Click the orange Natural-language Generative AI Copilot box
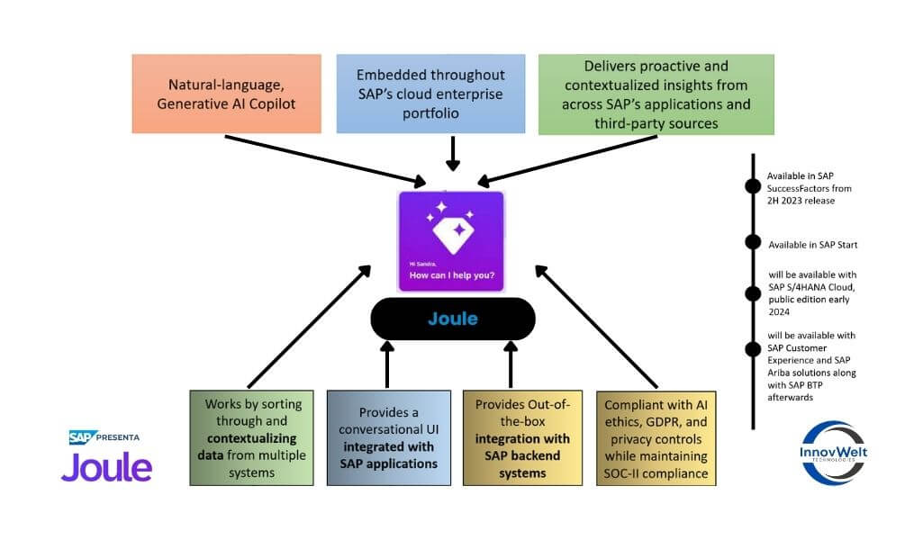coord(226,94)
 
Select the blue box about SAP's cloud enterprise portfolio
coord(430,94)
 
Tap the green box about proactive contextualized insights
coord(656,94)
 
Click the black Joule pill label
coord(453,319)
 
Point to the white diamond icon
coord(451,230)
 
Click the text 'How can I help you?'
coord(451,274)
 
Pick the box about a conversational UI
coord(388,437)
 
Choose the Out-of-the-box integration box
coord(522,437)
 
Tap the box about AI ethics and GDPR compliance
coord(656,437)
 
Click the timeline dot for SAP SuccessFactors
coord(752,187)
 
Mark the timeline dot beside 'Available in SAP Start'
coord(752,242)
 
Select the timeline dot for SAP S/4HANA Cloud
coord(752,291)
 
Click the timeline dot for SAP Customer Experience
coord(752,349)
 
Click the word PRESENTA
coord(119,437)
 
